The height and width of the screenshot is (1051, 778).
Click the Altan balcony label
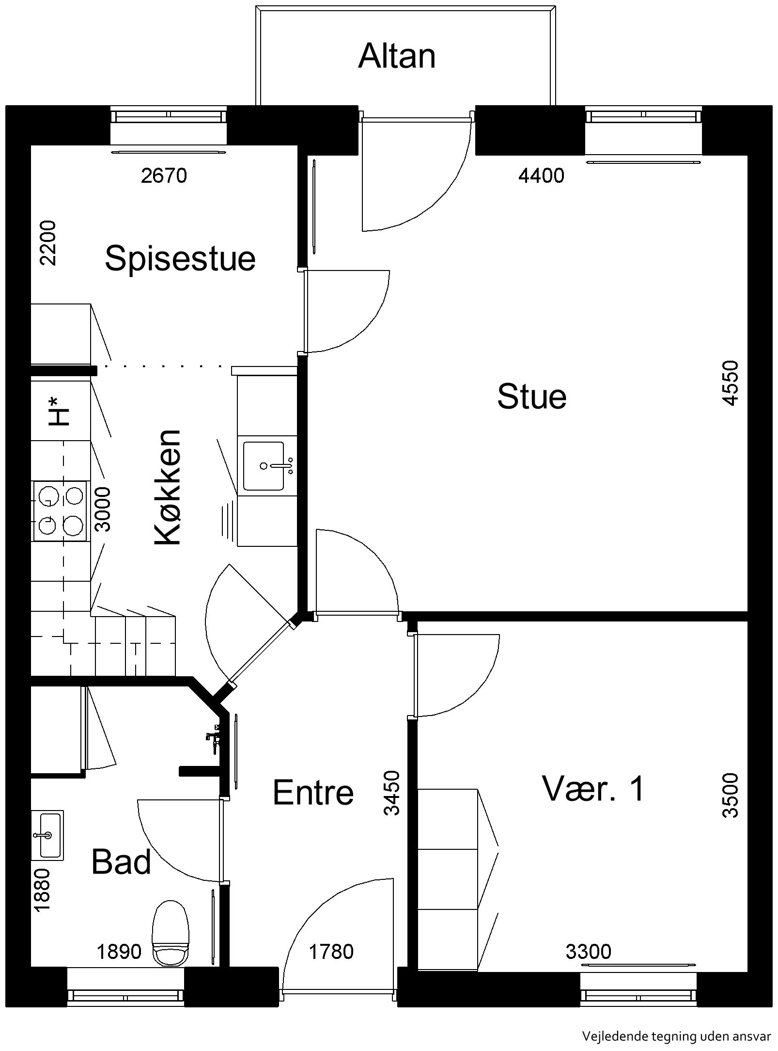[397, 56]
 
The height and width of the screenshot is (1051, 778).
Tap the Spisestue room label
[180, 258]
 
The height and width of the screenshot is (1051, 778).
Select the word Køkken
[168, 487]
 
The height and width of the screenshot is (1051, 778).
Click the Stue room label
[532, 396]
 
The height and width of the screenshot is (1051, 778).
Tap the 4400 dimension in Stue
[541, 175]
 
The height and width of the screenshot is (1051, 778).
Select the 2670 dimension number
[164, 175]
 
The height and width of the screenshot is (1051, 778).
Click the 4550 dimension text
[730, 383]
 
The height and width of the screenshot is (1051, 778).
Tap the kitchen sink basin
[264, 465]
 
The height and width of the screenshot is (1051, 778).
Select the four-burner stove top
[60, 511]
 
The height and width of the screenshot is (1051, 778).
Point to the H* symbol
[60, 411]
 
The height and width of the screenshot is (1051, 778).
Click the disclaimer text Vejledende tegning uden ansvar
[676, 1036]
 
